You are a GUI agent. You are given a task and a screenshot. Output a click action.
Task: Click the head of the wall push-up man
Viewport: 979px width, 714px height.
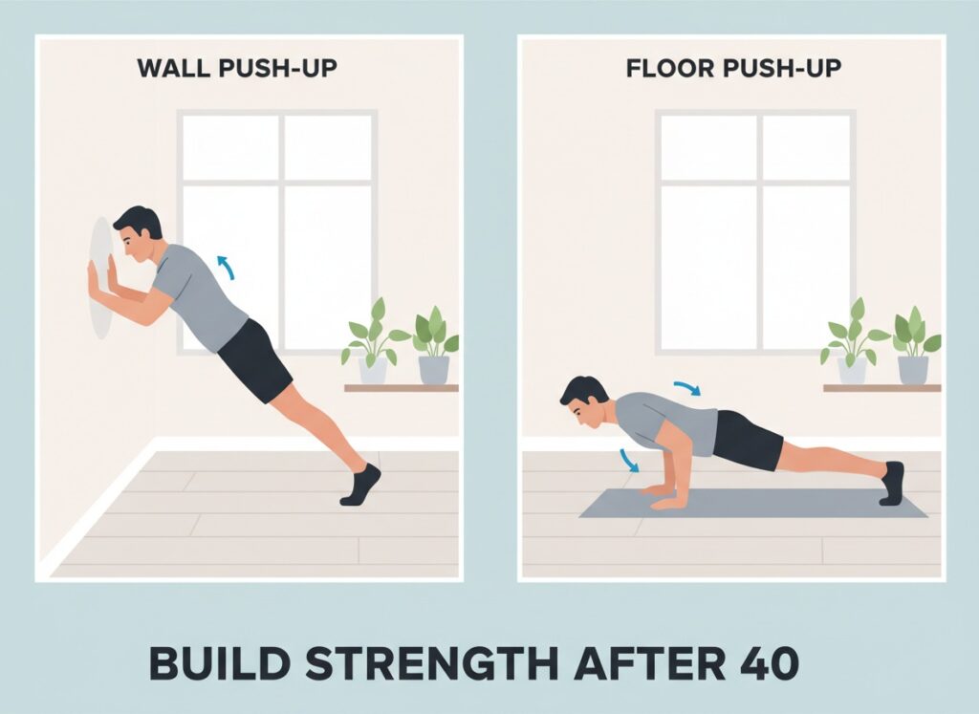pyautogui.click(x=136, y=234)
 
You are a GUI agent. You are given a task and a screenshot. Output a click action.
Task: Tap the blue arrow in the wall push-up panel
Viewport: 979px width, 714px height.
pyautogui.click(x=224, y=264)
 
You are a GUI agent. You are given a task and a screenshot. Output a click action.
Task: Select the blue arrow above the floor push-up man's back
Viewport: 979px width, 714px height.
pyautogui.click(x=687, y=387)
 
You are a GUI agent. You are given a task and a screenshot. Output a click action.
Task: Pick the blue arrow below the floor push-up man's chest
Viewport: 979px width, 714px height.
pyautogui.click(x=629, y=460)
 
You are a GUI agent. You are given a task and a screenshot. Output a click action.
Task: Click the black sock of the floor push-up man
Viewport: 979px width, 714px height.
pyautogui.click(x=893, y=483)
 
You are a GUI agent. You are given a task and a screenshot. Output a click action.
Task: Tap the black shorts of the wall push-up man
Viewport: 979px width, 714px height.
pyautogui.click(x=254, y=358)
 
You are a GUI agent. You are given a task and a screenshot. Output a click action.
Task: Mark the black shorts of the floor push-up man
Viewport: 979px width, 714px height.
pyautogui.click(x=746, y=440)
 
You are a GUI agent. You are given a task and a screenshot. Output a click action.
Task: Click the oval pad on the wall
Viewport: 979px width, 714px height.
pyautogui.click(x=99, y=278)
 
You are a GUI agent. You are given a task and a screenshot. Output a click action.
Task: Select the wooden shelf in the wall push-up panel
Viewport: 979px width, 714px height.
pyautogui.click(x=402, y=388)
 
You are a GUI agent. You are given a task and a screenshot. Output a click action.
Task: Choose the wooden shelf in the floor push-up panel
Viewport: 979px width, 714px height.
pyautogui.click(x=881, y=388)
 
